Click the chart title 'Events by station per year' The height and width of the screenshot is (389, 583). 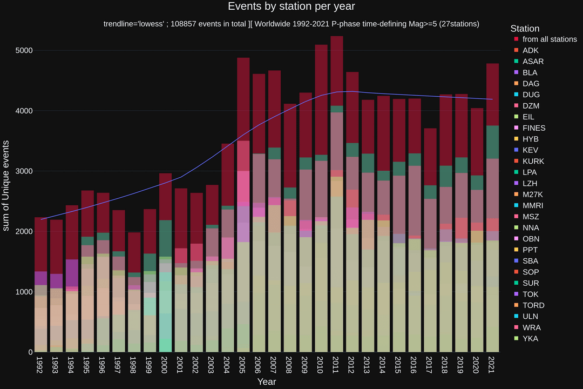click(x=291, y=6)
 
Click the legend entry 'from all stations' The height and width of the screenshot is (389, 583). click(x=549, y=39)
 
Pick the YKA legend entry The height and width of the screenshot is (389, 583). click(x=530, y=339)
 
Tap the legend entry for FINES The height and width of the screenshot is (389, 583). click(x=533, y=128)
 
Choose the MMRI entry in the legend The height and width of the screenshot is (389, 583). click(x=532, y=205)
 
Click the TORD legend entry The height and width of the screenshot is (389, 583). click(x=532, y=305)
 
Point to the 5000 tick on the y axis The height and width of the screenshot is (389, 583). click(x=24, y=50)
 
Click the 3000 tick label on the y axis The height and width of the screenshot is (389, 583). click(x=24, y=171)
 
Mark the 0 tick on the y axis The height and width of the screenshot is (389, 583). click(x=30, y=352)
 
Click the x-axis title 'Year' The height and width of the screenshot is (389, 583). click(x=267, y=382)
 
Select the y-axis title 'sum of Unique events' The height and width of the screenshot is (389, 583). click(x=6, y=185)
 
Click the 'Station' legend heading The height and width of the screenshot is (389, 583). click(x=524, y=29)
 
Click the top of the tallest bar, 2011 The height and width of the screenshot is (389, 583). click(x=336, y=37)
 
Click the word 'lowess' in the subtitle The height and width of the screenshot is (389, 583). click(x=148, y=24)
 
